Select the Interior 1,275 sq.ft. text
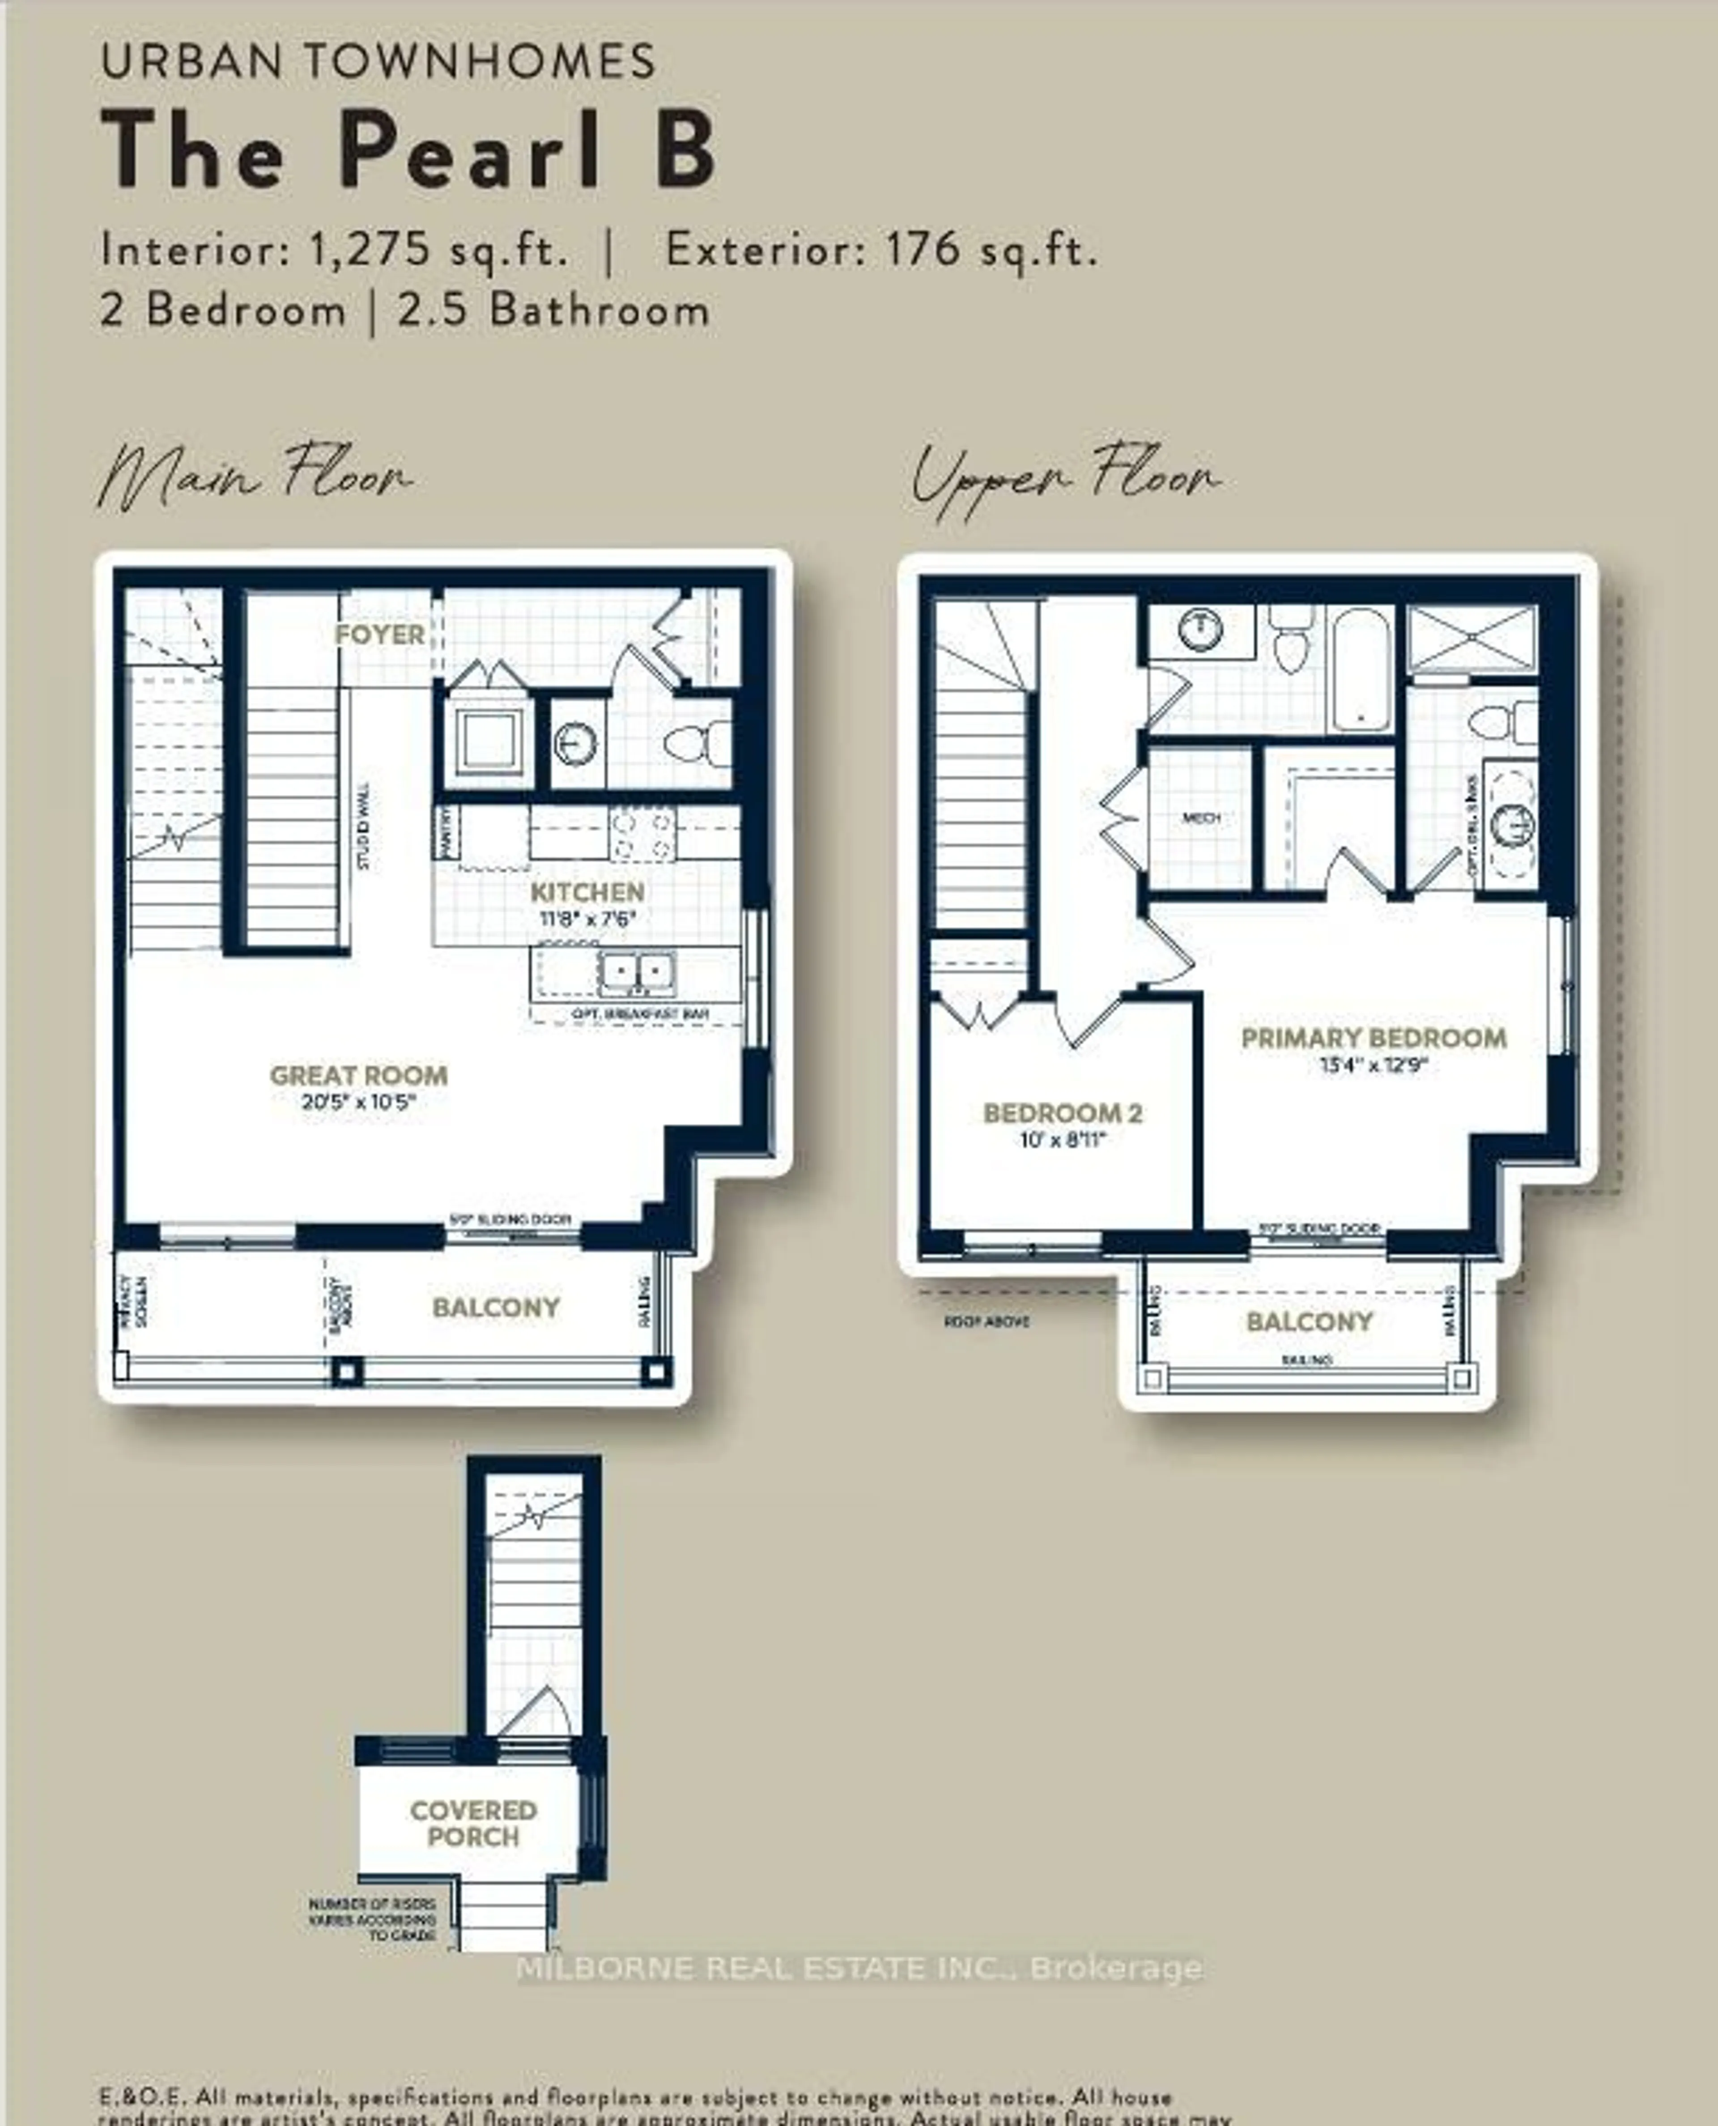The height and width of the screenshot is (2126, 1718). (x=335, y=249)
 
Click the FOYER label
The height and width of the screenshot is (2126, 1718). (x=380, y=635)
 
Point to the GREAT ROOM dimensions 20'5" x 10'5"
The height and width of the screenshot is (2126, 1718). (x=358, y=1102)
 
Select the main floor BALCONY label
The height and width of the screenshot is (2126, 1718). (x=496, y=1308)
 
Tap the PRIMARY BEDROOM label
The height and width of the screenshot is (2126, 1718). (x=1374, y=1038)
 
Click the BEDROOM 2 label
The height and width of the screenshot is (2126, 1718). (x=1062, y=1113)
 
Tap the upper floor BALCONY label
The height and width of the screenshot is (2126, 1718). (x=1308, y=1321)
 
